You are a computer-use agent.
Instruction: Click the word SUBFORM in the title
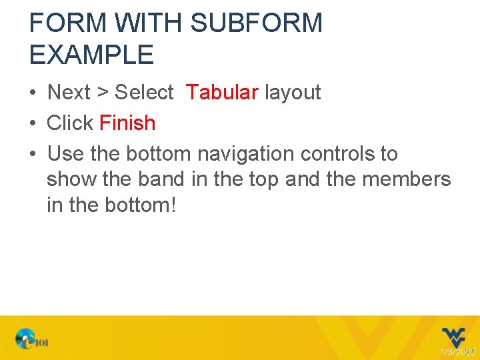click(x=256, y=23)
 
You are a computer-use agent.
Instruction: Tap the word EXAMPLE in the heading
click(x=91, y=55)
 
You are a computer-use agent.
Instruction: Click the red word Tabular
click(x=222, y=92)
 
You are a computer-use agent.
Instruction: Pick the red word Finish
click(x=127, y=123)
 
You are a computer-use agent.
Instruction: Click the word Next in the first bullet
click(x=69, y=92)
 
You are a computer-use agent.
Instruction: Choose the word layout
click(x=293, y=92)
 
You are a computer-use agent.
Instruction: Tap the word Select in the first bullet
click(x=144, y=92)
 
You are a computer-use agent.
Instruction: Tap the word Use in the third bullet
click(x=65, y=153)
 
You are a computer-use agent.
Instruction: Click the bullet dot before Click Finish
click(x=33, y=123)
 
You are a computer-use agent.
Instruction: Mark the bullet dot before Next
click(x=33, y=93)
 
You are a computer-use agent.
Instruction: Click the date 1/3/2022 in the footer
click(x=457, y=351)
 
